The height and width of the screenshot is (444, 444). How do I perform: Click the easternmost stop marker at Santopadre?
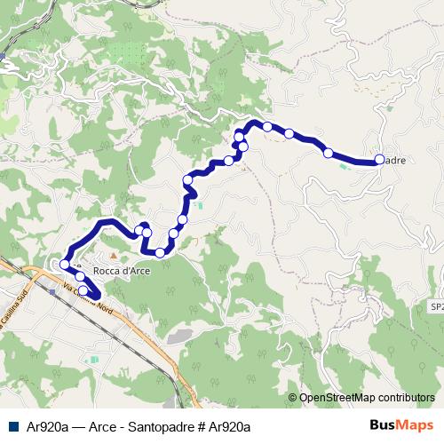point(379,160)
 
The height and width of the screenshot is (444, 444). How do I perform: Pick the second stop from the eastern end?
point(329,153)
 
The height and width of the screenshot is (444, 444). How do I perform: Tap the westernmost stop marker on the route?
point(64,265)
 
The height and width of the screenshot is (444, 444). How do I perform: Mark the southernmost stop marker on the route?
point(83,290)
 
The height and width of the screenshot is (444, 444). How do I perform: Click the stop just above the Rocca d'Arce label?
point(159,253)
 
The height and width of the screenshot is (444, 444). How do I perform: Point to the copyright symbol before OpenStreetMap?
point(292,398)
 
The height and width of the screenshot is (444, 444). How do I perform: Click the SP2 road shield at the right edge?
point(436,305)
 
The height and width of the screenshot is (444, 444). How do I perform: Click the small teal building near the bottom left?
point(93,359)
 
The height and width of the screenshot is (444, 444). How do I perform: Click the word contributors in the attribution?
point(407,398)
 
